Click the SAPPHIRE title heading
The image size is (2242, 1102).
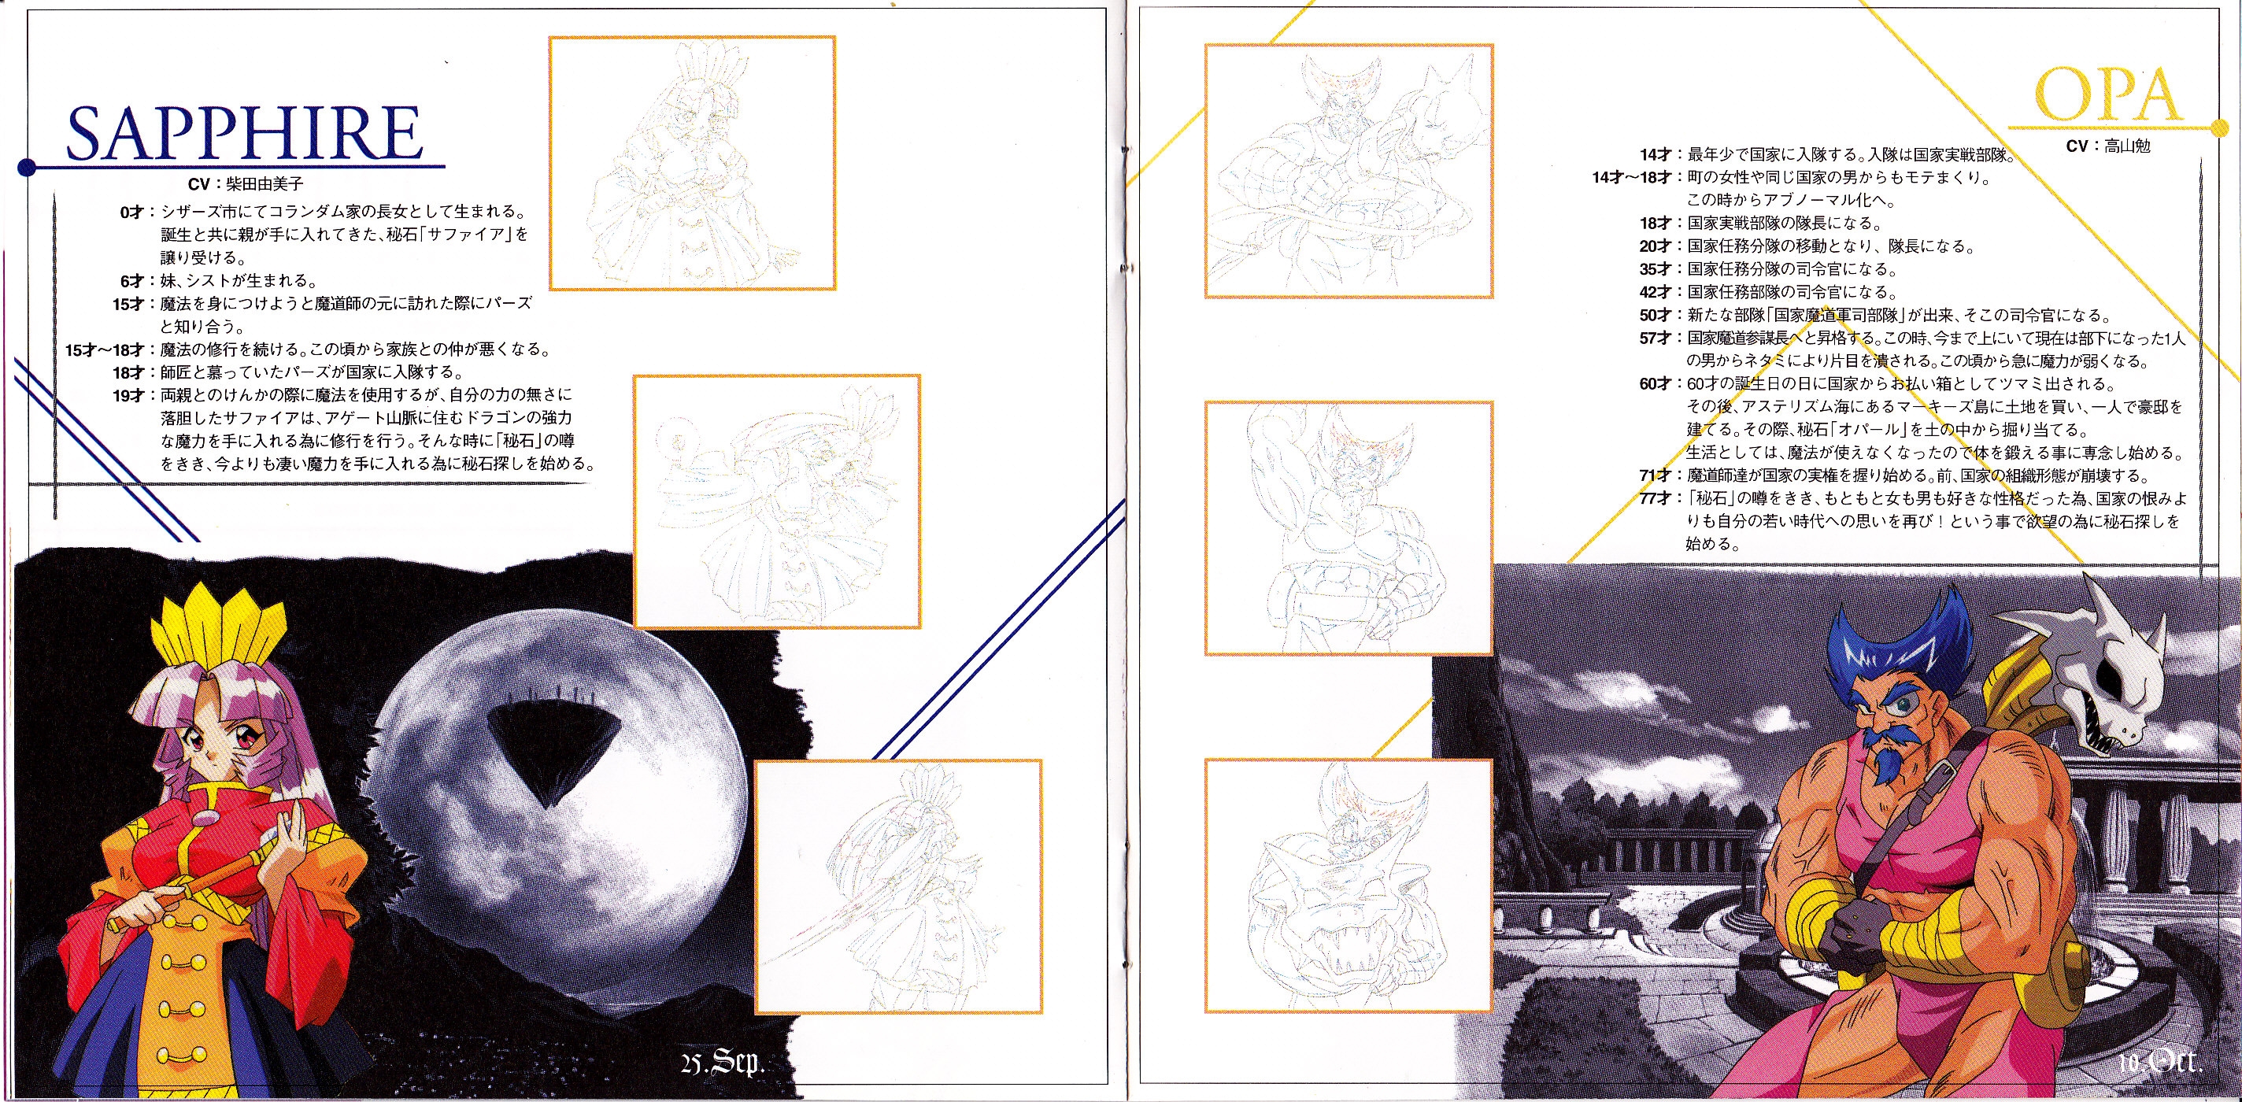(x=245, y=133)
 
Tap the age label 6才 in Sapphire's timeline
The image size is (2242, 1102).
(x=132, y=281)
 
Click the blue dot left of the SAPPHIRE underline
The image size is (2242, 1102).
(x=27, y=166)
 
